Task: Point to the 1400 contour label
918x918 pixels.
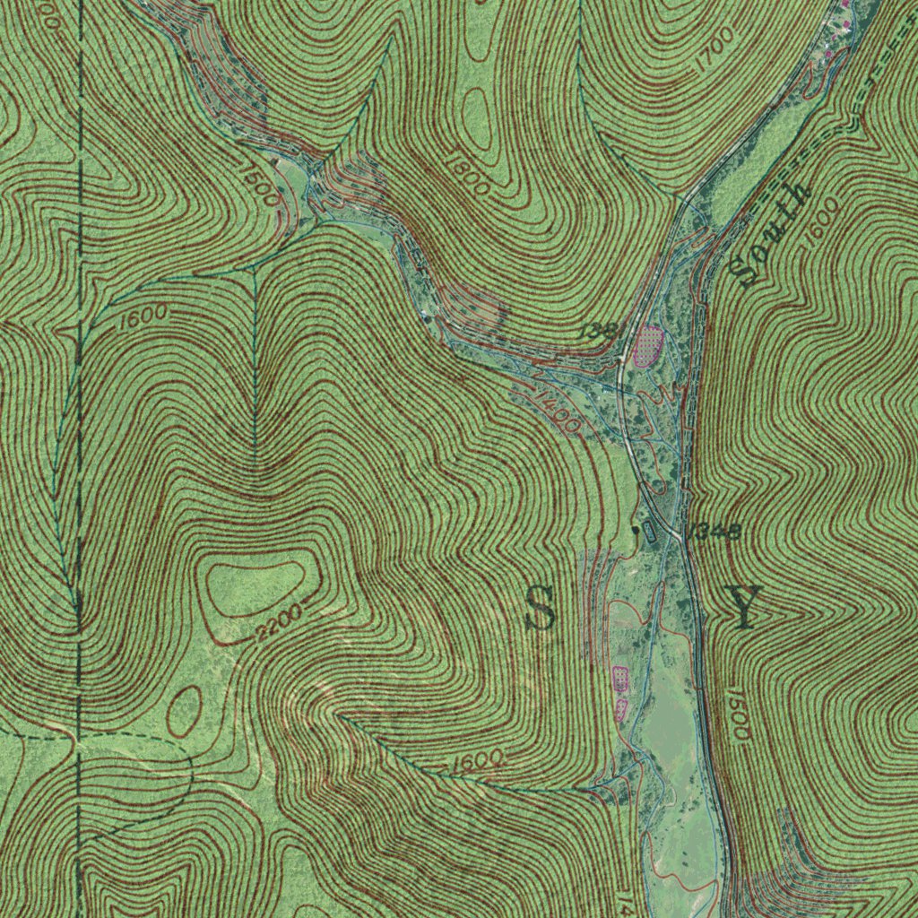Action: tap(558, 409)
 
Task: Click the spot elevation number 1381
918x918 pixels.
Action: tap(600, 332)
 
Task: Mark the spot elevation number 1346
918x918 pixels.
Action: tap(715, 532)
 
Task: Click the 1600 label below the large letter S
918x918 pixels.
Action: tap(476, 761)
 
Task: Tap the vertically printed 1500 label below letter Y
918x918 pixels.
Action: tap(738, 714)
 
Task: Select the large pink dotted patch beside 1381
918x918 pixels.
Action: tap(648, 345)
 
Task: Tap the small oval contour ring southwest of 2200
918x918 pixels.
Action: tap(185, 711)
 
